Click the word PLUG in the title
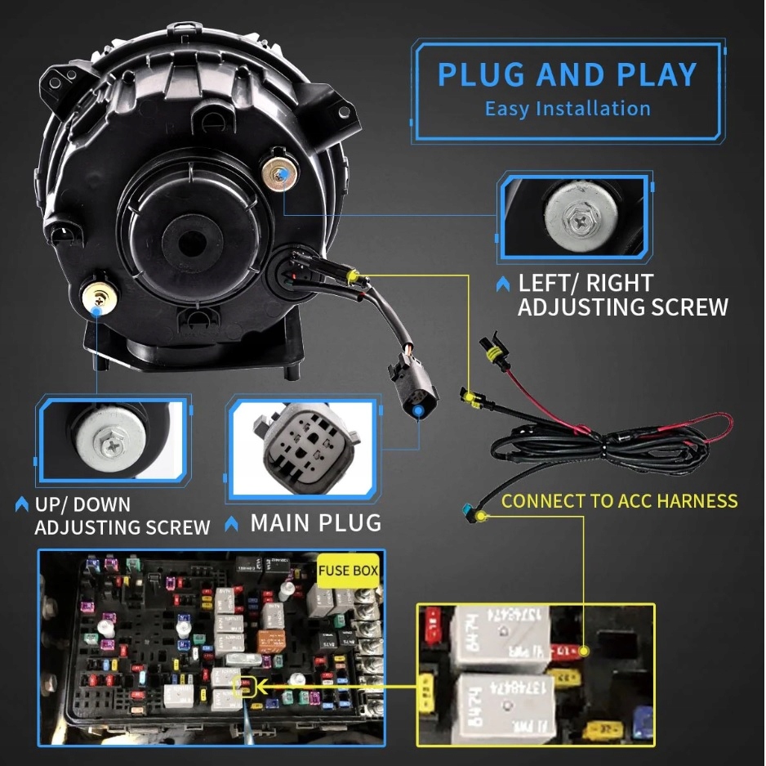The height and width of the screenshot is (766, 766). click(x=482, y=74)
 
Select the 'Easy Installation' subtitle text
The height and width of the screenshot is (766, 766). click(x=568, y=109)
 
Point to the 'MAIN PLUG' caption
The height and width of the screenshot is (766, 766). click(x=315, y=522)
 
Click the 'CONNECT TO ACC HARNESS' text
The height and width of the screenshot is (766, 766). click(x=619, y=500)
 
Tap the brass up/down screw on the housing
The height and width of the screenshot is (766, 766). click(x=99, y=295)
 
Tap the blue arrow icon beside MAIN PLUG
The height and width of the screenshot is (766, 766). click(x=232, y=523)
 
